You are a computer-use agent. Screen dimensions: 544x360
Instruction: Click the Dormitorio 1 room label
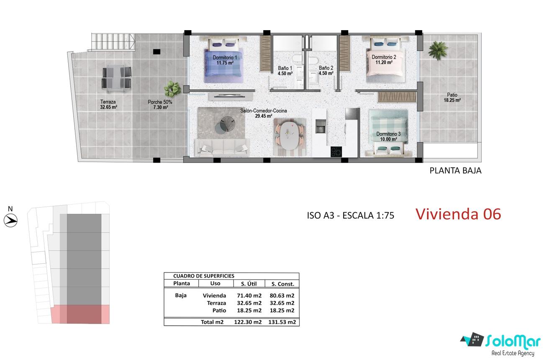point(225,60)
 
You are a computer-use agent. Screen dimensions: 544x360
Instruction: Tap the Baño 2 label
point(326,70)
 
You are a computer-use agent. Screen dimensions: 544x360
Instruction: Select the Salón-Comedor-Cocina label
point(264,113)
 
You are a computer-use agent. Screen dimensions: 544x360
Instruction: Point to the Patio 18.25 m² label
point(452,98)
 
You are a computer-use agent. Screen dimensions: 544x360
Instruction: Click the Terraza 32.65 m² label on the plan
point(108,105)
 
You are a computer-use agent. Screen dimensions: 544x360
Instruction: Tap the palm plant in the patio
point(438,50)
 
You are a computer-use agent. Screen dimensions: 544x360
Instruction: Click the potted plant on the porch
point(172,88)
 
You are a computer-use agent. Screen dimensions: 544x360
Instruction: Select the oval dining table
point(288,136)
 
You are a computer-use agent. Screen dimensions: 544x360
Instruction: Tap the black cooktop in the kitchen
point(336,152)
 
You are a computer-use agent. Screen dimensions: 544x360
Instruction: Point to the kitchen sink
point(320,126)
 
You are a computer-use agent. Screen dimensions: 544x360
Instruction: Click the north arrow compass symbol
point(11,221)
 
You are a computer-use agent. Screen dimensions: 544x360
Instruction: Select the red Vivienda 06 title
point(458,214)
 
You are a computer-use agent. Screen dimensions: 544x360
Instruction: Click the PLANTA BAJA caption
point(455,170)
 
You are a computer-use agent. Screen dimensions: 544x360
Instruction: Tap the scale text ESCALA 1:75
point(368,216)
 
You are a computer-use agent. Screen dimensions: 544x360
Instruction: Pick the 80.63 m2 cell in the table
point(282,296)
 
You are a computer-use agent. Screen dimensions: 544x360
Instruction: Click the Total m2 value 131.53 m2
point(282,322)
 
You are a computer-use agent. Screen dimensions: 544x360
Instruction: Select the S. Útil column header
point(249,284)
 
